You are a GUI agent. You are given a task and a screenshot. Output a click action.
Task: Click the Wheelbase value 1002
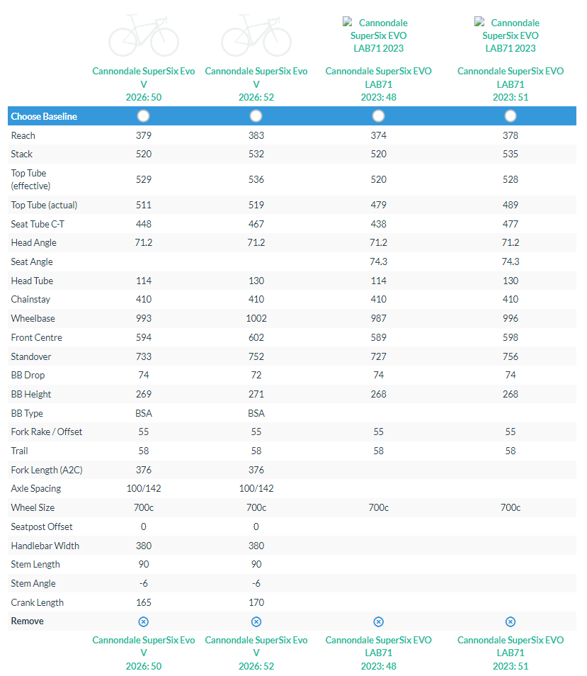click(256, 318)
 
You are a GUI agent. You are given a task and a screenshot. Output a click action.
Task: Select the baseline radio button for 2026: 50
click(143, 116)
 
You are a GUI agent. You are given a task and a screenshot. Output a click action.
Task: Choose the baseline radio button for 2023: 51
click(511, 116)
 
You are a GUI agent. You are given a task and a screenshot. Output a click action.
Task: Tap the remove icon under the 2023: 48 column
click(378, 621)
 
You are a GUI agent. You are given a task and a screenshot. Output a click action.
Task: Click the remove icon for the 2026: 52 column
click(256, 621)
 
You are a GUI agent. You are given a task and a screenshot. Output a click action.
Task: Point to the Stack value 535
click(511, 154)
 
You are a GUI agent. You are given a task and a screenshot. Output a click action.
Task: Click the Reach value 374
click(378, 135)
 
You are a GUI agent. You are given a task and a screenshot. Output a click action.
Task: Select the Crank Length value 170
click(256, 602)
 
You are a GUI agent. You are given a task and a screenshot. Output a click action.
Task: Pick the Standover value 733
click(143, 356)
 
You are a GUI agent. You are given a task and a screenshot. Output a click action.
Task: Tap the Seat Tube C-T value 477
click(511, 224)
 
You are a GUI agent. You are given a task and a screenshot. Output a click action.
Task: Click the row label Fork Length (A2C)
click(44, 470)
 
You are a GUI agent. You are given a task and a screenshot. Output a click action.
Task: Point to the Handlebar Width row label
click(45, 546)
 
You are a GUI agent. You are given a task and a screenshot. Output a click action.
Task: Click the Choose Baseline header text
click(44, 116)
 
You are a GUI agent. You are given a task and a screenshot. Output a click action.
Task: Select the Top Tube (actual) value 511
click(143, 205)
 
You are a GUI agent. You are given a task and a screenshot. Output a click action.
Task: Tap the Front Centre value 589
click(378, 337)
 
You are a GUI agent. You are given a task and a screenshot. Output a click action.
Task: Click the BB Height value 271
click(256, 394)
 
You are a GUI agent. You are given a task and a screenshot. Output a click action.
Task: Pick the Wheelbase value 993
click(143, 318)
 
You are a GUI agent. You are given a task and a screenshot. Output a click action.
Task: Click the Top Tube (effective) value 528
click(511, 179)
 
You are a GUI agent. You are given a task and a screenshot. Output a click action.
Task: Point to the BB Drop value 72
click(256, 375)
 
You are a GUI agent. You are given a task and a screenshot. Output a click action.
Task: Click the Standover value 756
click(511, 356)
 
